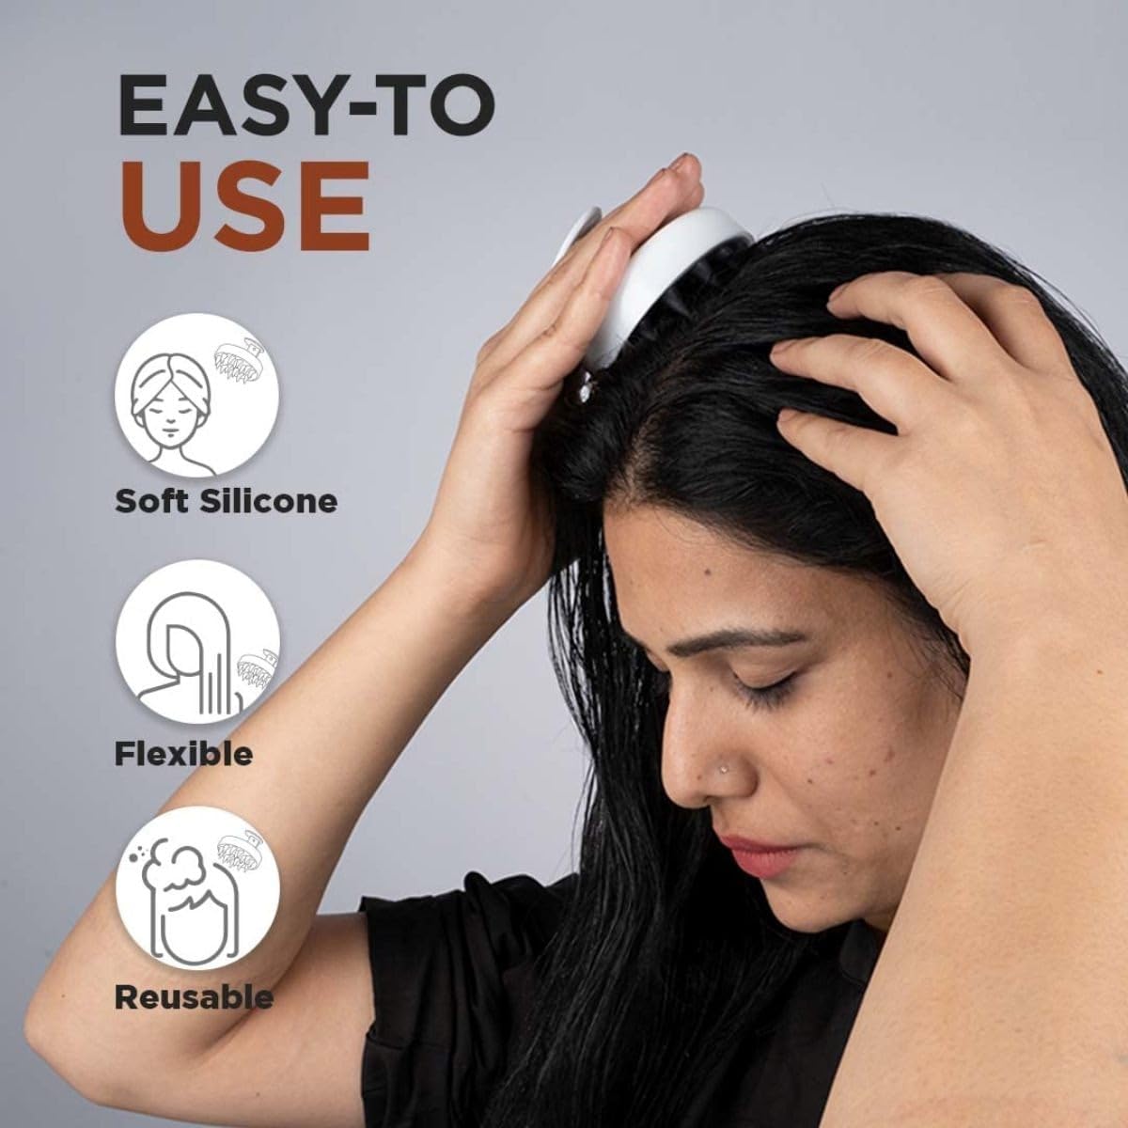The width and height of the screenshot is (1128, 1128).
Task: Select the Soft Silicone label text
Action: [226, 501]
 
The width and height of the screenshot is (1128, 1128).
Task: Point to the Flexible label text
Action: [184, 753]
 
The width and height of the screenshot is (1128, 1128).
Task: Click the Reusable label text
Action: [194, 996]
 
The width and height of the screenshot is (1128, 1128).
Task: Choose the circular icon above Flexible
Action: [196, 642]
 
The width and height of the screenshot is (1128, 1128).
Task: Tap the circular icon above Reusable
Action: [196, 889]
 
